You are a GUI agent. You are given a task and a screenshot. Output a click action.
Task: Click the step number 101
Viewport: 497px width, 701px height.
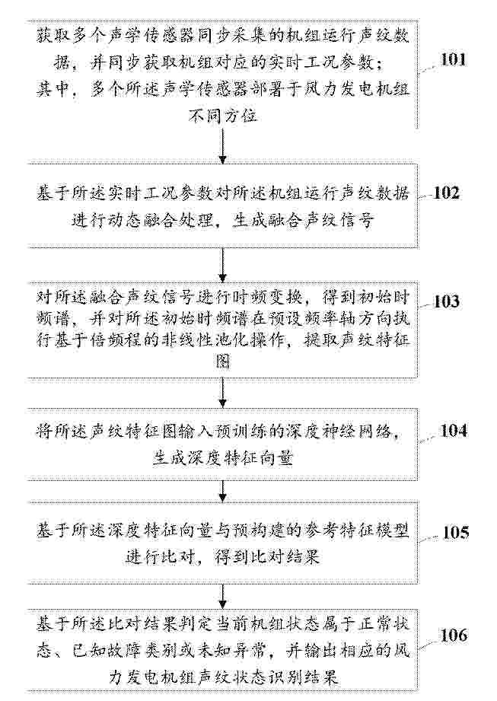[453, 59]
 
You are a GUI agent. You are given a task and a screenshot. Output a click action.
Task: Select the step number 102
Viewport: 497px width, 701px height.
[447, 193]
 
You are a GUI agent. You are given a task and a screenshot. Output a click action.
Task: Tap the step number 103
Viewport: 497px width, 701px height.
[447, 301]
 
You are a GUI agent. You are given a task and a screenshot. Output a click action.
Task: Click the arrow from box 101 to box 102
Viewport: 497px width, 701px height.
[223, 146]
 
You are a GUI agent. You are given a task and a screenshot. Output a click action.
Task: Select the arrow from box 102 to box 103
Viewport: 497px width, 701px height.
[223, 265]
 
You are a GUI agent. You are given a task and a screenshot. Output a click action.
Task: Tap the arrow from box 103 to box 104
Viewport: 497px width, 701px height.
[223, 393]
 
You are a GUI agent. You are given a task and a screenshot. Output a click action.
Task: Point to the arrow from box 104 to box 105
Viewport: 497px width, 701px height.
[223, 491]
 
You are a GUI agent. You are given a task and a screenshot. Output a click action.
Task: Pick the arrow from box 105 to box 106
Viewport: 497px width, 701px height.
[223, 597]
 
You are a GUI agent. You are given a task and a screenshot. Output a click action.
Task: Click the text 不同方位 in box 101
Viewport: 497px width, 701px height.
[223, 116]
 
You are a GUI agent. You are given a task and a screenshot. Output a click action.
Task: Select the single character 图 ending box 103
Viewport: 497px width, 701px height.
[223, 360]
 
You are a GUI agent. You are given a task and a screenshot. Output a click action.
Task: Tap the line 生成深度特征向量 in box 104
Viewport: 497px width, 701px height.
[223, 457]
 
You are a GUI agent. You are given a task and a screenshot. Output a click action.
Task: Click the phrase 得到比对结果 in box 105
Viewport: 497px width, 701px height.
[267, 556]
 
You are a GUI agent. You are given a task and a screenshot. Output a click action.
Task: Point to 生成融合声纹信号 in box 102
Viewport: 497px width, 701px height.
[302, 221]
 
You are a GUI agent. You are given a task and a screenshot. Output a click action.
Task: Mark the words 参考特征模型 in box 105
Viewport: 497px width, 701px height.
[355, 531]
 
